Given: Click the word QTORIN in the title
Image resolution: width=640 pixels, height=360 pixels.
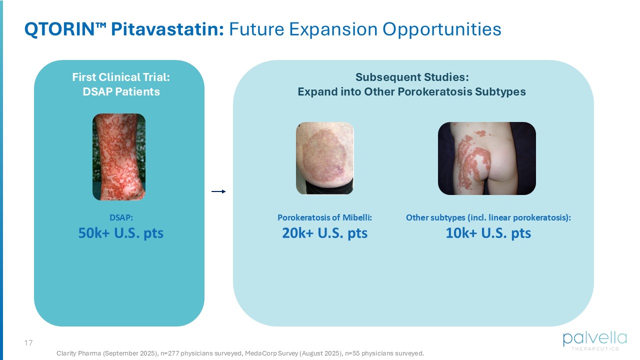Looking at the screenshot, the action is coord(59,29).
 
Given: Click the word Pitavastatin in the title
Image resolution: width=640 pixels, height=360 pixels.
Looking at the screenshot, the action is coord(167,29).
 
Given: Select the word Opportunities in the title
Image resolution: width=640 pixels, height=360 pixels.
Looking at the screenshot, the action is coord(441,30).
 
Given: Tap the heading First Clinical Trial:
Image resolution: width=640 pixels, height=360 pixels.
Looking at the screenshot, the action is coord(121,77).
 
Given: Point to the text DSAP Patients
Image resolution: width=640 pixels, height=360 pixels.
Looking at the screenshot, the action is coord(121,91).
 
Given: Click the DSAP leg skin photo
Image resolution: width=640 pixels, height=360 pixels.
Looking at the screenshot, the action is coord(119,157).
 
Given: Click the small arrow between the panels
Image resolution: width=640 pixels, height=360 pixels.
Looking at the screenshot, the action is coord(218,191).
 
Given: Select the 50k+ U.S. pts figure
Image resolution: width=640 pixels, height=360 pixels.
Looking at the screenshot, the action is coord(121,233).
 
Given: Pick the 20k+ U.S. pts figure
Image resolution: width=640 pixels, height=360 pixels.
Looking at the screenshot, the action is coord(324,233).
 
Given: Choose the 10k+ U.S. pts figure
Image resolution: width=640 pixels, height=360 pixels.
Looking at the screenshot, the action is coord(488,233).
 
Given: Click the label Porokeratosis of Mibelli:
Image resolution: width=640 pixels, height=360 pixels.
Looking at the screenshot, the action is coord(324,217).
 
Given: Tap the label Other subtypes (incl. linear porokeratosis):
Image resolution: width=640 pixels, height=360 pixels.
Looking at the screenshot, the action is coord(488,217).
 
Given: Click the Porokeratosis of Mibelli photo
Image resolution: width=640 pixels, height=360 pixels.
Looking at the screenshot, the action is coord(324,158).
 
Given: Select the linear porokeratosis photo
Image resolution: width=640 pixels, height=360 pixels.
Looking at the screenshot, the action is coord(487,158).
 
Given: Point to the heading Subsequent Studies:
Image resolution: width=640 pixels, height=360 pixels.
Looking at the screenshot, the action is coord(412,77).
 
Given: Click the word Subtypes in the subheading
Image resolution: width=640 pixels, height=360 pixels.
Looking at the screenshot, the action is coord(500,92).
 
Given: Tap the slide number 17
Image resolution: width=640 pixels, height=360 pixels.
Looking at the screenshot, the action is coord(28,343).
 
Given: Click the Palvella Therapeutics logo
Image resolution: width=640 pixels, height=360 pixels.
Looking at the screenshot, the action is coord(595,341).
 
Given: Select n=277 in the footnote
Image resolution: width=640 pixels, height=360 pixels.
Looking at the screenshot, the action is coord(169,353).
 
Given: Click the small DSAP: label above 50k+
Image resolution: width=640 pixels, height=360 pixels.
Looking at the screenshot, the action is coord(121,217).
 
